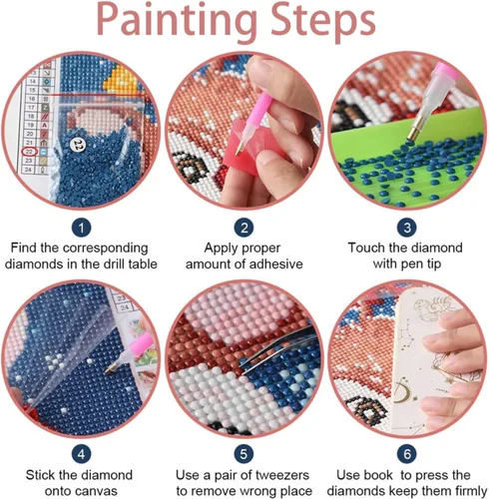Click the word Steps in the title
[x=323, y=21]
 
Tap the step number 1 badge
[x=82, y=228]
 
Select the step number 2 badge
[x=245, y=228]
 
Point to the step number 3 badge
[x=407, y=228]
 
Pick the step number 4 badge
[x=82, y=454]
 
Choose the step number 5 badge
[x=245, y=454]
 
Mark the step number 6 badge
[x=407, y=454]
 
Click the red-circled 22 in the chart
[x=30, y=152]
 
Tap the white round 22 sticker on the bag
[x=79, y=144]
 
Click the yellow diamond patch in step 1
[x=122, y=79]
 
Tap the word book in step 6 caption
[x=379, y=475]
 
